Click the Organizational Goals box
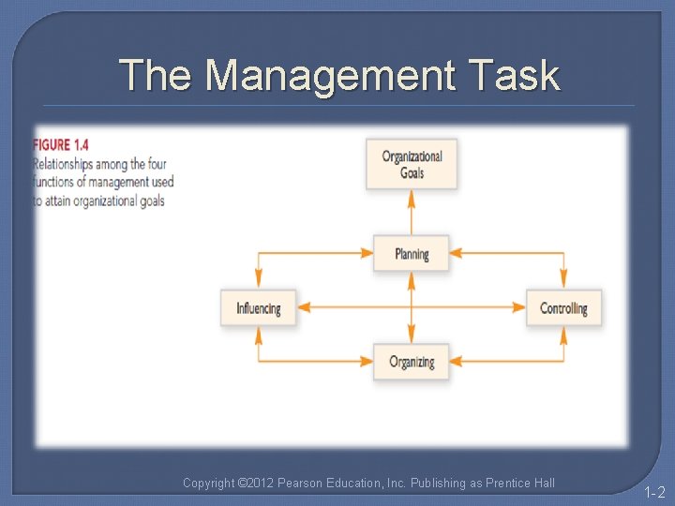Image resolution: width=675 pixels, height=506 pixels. [x=412, y=164]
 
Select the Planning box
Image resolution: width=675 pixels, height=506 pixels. [x=411, y=253]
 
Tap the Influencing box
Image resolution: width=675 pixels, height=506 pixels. [x=258, y=307]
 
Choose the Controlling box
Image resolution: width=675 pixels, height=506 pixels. [x=563, y=307]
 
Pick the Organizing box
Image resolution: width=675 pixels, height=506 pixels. [x=411, y=362]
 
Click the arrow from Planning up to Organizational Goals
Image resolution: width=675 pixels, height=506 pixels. [x=412, y=212]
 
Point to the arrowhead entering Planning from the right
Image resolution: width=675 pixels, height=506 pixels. [x=456, y=253]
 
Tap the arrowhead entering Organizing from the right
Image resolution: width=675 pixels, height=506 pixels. [x=456, y=362]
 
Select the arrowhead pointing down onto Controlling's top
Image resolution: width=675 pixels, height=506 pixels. [x=563, y=281]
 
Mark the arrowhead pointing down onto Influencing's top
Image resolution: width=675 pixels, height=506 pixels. [x=258, y=281]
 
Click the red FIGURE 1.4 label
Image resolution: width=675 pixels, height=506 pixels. [x=61, y=144]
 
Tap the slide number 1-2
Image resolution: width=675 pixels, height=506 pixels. [x=653, y=491]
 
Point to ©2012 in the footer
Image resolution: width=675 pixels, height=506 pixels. [x=256, y=483]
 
